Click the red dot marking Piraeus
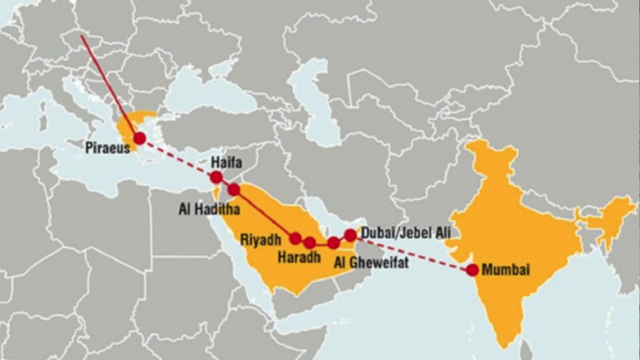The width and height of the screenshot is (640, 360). (x=139, y=137)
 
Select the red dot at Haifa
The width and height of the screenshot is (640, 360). (x=217, y=177)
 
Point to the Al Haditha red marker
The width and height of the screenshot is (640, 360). (x=234, y=189)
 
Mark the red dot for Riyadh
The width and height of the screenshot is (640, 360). (x=295, y=238)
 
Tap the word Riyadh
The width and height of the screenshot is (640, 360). (x=262, y=239)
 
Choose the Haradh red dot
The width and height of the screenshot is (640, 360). (x=310, y=242)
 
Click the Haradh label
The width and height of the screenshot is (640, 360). (x=300, y=257)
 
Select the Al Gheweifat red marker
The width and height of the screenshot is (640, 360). (x=333, y=242)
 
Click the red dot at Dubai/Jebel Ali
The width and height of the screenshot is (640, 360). (x=350, y=236)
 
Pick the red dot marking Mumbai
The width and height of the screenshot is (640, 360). (x=472, y=269)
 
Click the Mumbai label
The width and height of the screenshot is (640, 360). (x=506, y=270)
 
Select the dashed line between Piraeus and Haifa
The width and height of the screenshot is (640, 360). (x=177, y=157)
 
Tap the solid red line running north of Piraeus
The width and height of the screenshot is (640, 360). (x=108, y=83)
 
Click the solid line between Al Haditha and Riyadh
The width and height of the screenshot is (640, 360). (x=264, y=213)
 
